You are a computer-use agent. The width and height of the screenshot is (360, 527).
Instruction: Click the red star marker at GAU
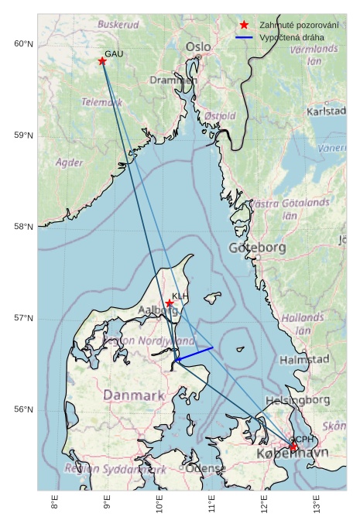pyautogui.click(x=102, y=61)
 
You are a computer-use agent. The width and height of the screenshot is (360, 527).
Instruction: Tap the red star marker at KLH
pyautogui.click(x=170, y=303)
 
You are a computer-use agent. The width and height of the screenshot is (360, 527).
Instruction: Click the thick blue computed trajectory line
pyautogui.click(x=194, y=354)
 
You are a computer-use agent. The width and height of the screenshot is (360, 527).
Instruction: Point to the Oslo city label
pyautogui.click(x=197, y=47)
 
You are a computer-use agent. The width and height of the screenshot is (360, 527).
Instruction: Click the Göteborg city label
pyautogui.click(x=258, y=248)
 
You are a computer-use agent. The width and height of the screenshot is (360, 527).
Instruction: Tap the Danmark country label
pyautogui.click(x=134, y=395)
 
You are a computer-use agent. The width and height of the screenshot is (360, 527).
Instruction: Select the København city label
pyautogui.click(x=292, y=453)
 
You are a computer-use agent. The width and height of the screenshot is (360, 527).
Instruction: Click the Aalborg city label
pyautogui.click(x=158, y=310)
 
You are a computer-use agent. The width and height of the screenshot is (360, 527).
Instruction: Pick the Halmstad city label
pyautogui.click(x=304, y=360)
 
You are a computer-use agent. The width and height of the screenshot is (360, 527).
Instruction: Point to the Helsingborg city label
pyautogui.click(x=297, y=400)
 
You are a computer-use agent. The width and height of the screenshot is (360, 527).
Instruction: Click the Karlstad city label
pyautogui.click(x=326, y=111)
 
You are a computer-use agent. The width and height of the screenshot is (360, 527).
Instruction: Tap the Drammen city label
pyautogui.click(x=173, y=80)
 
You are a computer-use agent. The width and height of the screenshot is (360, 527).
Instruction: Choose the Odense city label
pyautogui.click(x=206, y=469)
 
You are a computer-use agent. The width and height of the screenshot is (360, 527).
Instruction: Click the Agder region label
pyautogui.click(x=70, y=163)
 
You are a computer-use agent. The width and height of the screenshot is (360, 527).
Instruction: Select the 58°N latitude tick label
pyautogui.click(x=24, y=227)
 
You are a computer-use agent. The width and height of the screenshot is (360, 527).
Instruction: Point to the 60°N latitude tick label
pyautogui.click(x=24, y=44)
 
